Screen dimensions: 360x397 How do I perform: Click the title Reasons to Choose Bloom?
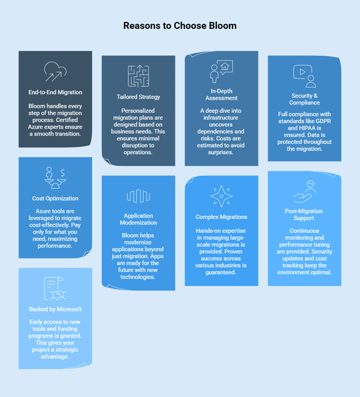point(180,25)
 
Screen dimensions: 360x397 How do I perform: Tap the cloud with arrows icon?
point(55,72)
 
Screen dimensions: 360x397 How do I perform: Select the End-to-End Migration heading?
point(55,92)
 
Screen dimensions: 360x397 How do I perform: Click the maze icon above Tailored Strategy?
point(138,76)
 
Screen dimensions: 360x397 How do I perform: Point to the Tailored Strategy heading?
point(138,97)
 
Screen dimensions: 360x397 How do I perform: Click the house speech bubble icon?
point(222,72)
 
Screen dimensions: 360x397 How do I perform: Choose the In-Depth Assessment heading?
point(222,95)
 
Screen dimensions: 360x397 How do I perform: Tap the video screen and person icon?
point(305,76)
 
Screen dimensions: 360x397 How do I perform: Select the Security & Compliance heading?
point(304,99)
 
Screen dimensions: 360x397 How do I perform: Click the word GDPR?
point(323,121)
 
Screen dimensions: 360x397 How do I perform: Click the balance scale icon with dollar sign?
point(55,178)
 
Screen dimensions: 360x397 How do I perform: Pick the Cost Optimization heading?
point(55,198)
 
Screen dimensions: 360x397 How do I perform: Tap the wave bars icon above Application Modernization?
point(138,196)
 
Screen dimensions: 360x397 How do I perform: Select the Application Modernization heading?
point(138,219)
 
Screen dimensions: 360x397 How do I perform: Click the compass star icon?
point(222,196)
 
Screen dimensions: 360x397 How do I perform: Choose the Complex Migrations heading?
point(222,217)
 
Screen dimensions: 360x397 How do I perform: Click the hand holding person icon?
point(305,192)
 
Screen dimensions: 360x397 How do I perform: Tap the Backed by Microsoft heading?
point(55,309)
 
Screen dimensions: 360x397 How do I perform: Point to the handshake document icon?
point(55,289)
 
